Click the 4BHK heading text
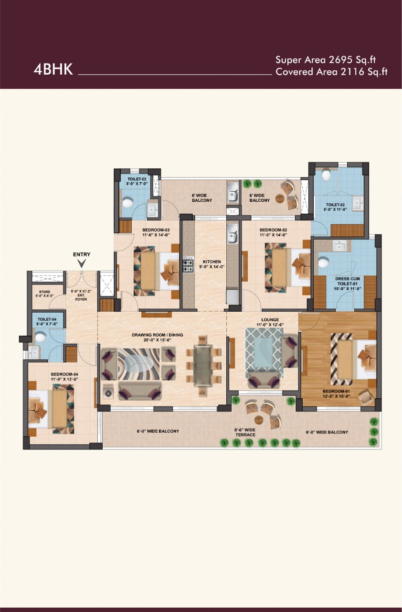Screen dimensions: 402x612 [x=53, y=69]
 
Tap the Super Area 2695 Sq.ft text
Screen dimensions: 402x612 [x=326, y=60]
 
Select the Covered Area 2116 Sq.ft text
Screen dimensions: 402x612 [x=331, y=72]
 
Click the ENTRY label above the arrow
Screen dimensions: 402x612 [x=82, y=254]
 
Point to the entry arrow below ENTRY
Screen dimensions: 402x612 [x=82, y=263]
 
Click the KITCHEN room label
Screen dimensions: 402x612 [x=212, y=262]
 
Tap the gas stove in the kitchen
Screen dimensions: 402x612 [x=188, y=265]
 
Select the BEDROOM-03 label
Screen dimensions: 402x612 [x=156, y=230]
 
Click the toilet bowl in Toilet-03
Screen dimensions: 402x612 [x=127, y=203]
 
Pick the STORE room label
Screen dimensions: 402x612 [x=44, y=292]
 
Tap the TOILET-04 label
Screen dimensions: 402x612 [x=47, y=319]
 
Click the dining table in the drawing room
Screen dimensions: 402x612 [x=202, y=366]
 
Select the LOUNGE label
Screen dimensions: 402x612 [x=270, y=320]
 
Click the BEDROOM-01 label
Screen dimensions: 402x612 [x=336, y=391]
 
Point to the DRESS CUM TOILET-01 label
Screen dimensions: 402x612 [x=348, y=281]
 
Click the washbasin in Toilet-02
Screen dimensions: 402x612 [x=358, y=203]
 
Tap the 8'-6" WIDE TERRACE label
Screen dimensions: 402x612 [x=245, y=432]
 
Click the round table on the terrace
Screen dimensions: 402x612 [x=259, y=419]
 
